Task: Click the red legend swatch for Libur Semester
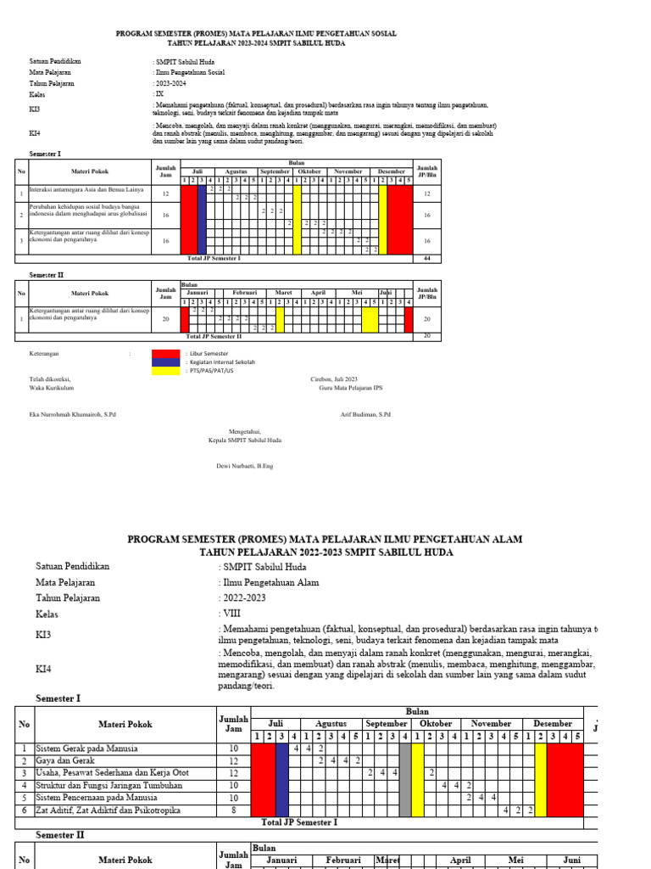click(x=165, y=353)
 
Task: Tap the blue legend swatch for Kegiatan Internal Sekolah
click(x=165, y=362)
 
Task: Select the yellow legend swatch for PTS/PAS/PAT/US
click(x=165, y=371)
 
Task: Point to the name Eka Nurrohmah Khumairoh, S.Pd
click(x=72, y=414)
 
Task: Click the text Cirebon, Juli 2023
click(x=334, y=378)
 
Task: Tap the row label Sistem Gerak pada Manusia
click(x=88, y=748)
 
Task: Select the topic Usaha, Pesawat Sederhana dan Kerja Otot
click(x=112, y=773)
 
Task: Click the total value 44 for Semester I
click(x=426, y=257)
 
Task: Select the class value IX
click(x=158, y=94)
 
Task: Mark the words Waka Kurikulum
click(x=52, y=387)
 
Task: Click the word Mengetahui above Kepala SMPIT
click(x=245, y=431)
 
